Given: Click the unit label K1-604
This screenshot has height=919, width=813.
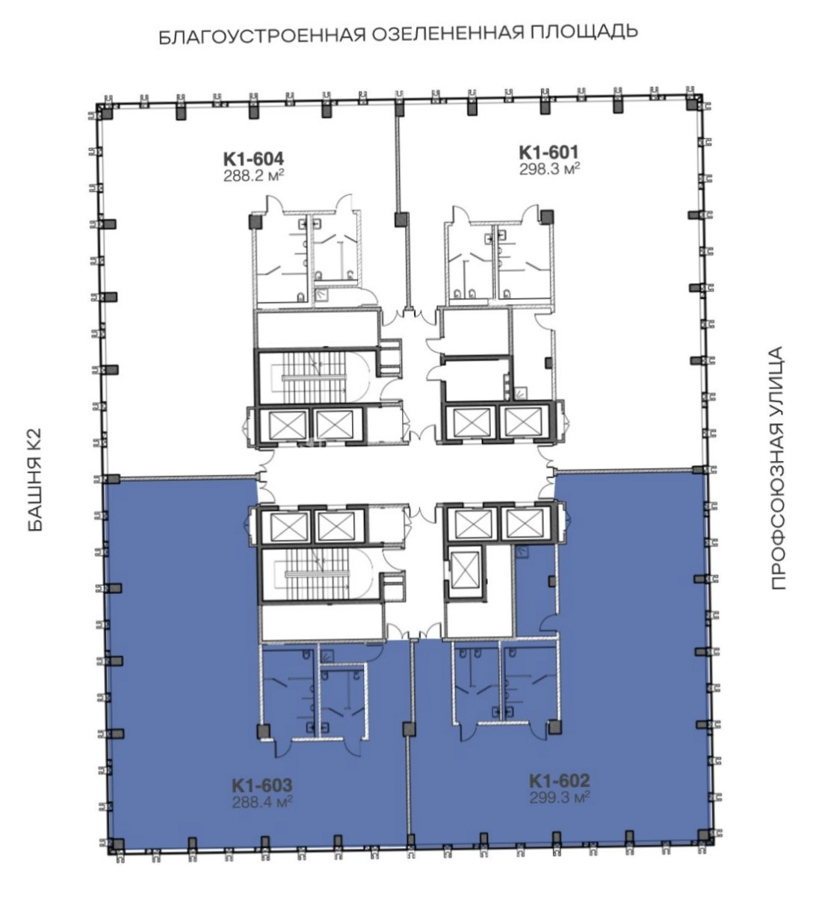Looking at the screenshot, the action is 253,159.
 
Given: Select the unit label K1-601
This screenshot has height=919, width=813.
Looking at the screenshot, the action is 549,152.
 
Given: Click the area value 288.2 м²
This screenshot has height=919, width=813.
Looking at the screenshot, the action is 253,175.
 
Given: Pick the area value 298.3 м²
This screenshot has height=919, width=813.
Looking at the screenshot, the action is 549,169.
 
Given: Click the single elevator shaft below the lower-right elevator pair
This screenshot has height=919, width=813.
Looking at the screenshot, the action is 466,569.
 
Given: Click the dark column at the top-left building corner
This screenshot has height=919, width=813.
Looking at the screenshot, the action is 107,112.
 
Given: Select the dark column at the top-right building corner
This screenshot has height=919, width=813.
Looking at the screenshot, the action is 692,104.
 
